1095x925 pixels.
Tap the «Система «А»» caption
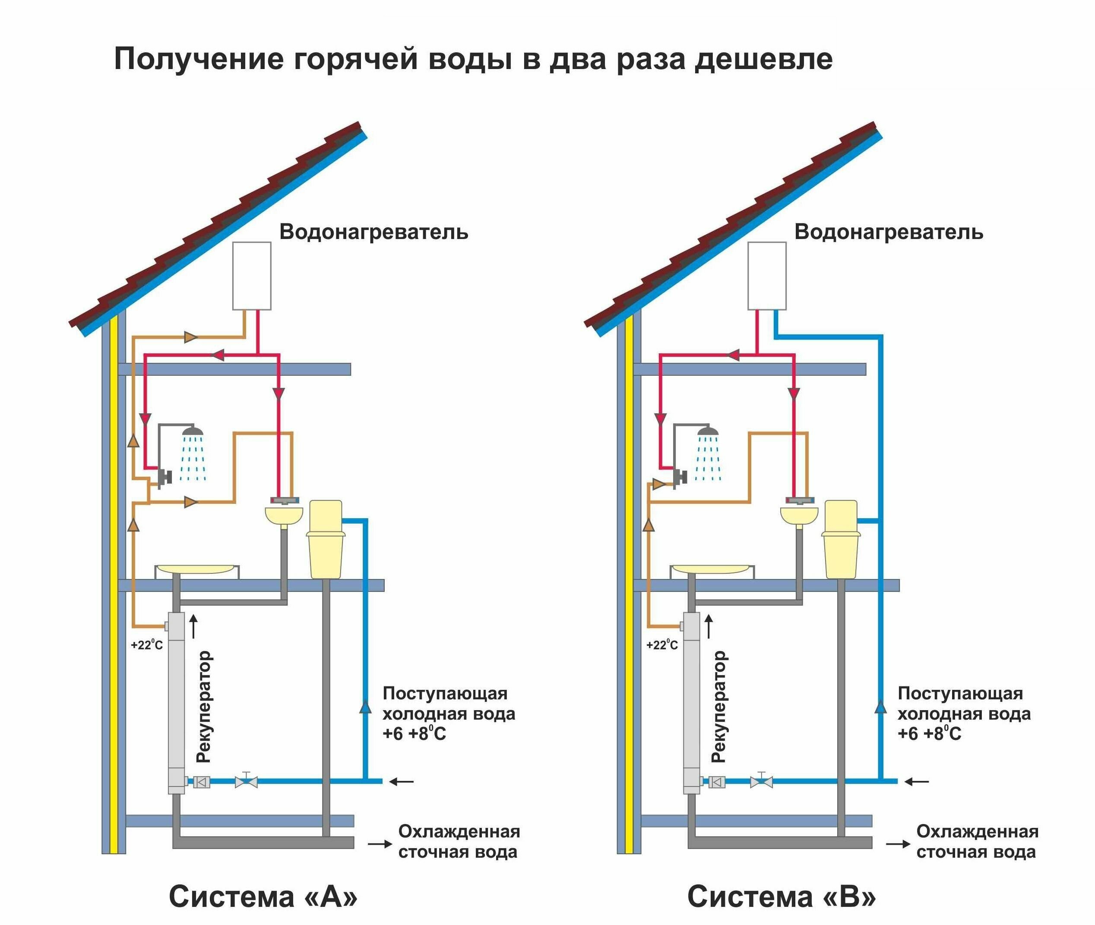point(263,896)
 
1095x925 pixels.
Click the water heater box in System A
point(252,276)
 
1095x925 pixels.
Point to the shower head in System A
point(193,431)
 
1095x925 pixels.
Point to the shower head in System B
point(708,431)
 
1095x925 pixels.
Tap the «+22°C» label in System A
point(147,645)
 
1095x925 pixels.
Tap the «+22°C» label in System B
point(662,645)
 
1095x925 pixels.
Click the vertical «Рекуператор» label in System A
point(203,706)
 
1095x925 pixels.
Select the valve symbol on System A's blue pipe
point(246,782)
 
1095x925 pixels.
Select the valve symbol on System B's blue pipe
point(761,782)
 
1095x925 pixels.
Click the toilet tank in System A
point(325,516)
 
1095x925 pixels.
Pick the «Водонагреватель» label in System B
point(888,232)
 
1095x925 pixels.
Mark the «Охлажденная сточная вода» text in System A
point(459,842)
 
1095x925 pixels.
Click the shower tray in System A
point(196,569)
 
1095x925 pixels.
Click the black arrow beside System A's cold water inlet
point(402,782)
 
